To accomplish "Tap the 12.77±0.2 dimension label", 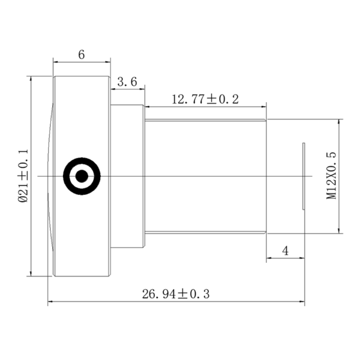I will [x=205, y=99].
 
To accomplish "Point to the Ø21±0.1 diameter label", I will [x=23, y=175].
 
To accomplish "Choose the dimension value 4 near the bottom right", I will [x=285, y=251].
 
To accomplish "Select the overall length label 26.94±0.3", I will [x=176, y=294].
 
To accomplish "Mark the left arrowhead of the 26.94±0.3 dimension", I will [x=50, y=302].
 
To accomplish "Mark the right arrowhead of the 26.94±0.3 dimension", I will [x=302, y=302].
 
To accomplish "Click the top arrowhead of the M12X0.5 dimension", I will [x=340, y=122].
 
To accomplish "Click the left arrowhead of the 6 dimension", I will [x=56, y=62].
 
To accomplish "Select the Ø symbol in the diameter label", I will [x=23, y=199].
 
